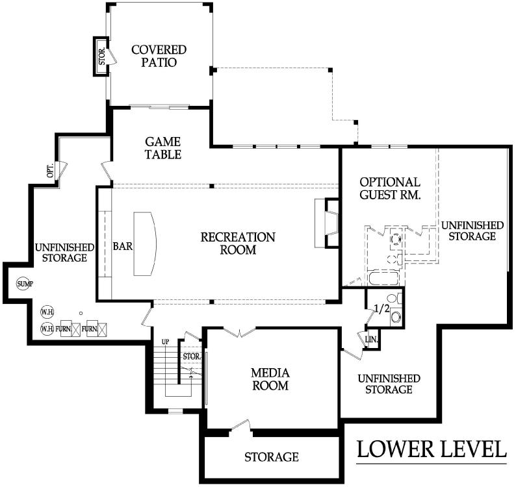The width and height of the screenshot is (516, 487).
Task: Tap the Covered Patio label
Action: click(159, 56)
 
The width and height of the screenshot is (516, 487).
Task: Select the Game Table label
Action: click(163, 148)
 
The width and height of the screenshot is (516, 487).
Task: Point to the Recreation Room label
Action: click(238, 243)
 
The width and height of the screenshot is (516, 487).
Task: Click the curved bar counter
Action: click(145, 243)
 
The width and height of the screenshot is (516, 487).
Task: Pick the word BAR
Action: click(123, 246)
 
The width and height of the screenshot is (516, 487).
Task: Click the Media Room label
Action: click(270, 379)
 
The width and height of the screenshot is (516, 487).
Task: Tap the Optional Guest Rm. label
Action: click(390, 188)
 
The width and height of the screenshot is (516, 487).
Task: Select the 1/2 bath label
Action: click(381, 309)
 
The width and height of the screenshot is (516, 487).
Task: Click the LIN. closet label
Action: click(372, 339)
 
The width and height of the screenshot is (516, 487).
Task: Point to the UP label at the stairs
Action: click(165, 342)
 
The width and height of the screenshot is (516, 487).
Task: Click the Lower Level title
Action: click(432, 449)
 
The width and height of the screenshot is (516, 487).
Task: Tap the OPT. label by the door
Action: click(50, 170)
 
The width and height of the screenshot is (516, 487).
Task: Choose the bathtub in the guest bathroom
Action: click(384, 278)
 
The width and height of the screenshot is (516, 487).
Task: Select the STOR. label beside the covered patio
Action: click(102, 56)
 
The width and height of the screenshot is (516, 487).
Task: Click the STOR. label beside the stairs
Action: click(192, 356)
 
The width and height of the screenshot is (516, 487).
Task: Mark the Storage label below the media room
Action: click(272, 456)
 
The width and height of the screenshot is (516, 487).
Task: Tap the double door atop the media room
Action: click(239, 332)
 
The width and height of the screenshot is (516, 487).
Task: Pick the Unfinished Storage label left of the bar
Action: click(64, 252)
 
